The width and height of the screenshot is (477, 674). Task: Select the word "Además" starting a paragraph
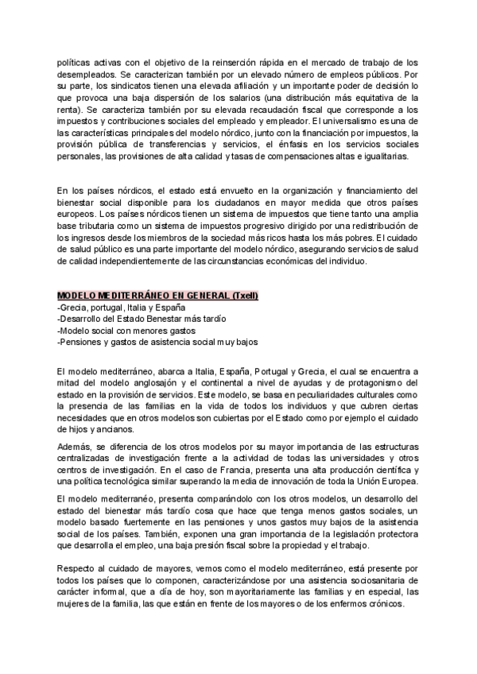point(75,447)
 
